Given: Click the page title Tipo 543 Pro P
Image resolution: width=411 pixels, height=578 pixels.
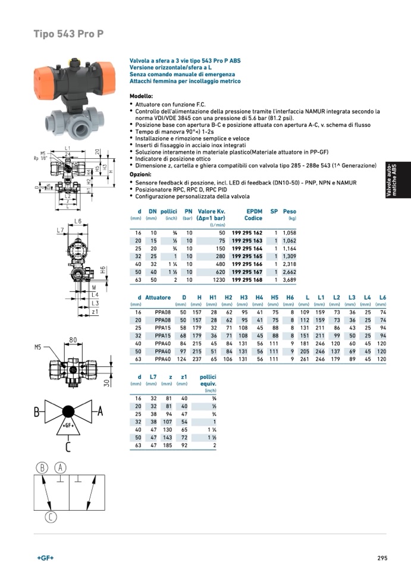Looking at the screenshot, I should (x=69, y=34).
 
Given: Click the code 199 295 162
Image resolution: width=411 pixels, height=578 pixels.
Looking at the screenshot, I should (x=246, y=233).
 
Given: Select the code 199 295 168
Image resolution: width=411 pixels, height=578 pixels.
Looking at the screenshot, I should (x=246, y=279).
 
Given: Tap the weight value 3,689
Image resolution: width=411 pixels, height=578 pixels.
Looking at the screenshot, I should (x=289, y=279).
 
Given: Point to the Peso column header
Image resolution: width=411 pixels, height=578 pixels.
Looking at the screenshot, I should (x=290, y=212).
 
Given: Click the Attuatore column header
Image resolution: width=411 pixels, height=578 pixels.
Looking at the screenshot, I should (x=158, y=298).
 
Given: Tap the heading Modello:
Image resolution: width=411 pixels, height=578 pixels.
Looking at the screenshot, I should (x=141, y=96).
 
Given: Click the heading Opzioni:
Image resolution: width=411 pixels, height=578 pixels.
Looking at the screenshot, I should (x=140, y=174).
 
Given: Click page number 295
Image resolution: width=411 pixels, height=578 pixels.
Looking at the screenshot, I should (x=382, y=558).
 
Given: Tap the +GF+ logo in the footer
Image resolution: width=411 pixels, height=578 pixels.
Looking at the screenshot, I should (x=45, y=558).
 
